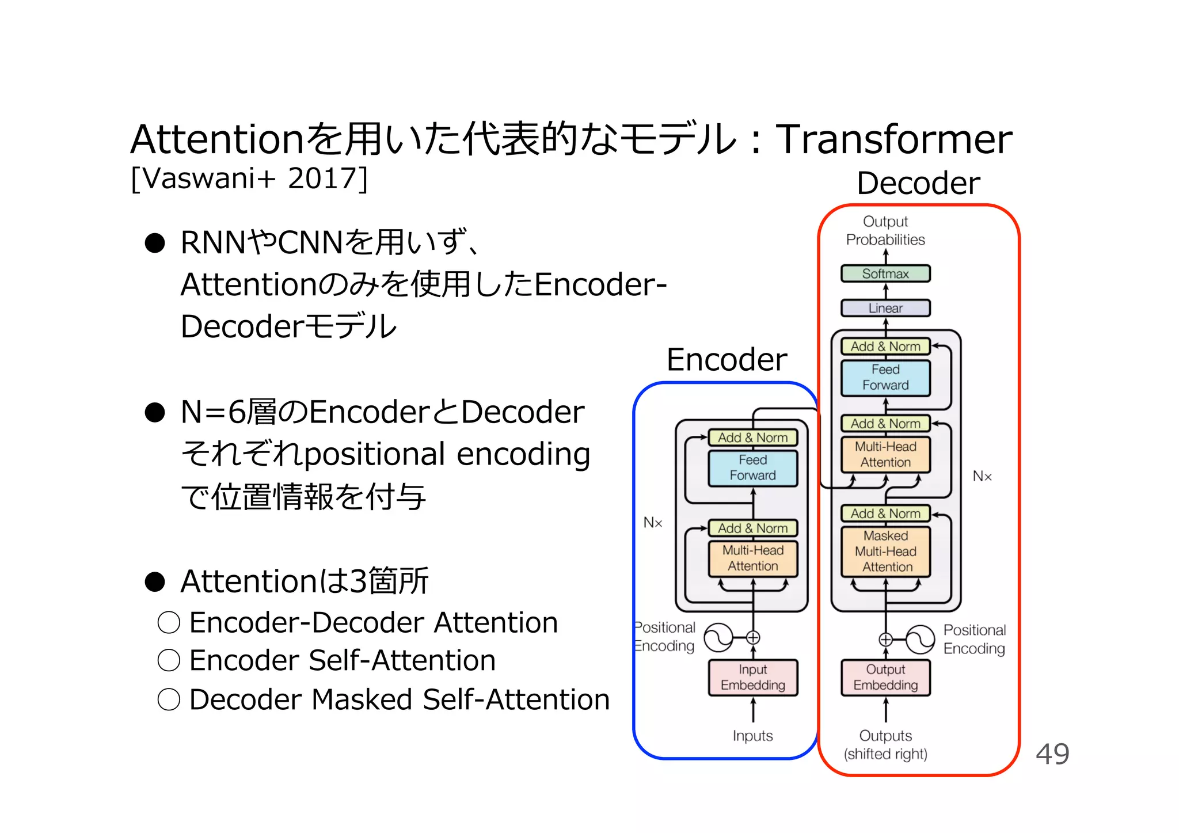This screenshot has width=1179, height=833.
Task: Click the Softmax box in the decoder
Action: coord(885,273)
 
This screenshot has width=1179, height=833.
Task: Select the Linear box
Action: coord(885,308)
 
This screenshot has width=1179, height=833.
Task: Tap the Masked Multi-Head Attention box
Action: coord(885,551)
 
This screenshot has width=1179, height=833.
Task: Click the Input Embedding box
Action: coord(752,678)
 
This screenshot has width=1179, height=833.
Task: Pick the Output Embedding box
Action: coord(885,678)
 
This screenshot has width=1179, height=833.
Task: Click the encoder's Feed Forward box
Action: coord(752,468)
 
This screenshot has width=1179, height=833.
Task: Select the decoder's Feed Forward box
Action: coord(885,378)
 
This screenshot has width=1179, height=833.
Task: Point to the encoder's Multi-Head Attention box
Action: coord(752,558)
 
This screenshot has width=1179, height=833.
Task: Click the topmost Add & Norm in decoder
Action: coord(885,347)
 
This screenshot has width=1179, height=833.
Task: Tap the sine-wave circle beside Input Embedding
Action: coord(718,637)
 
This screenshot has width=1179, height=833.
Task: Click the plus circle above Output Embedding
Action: coord(885,640)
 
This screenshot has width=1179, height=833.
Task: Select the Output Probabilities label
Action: coord(885,230)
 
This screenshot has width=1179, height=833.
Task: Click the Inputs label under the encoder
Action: coord(752,736)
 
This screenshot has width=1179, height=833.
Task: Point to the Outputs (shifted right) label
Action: coord(885,745)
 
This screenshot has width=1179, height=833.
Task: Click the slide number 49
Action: coord(1052,754)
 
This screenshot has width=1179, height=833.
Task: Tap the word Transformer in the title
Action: coord(893,139)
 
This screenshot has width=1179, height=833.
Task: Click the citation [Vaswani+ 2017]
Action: coord(249,178)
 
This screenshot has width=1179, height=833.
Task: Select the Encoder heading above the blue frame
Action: coord(727,360)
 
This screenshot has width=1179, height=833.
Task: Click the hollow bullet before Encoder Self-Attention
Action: coord(169,660)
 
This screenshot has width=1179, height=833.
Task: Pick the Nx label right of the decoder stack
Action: coord(982,476)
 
